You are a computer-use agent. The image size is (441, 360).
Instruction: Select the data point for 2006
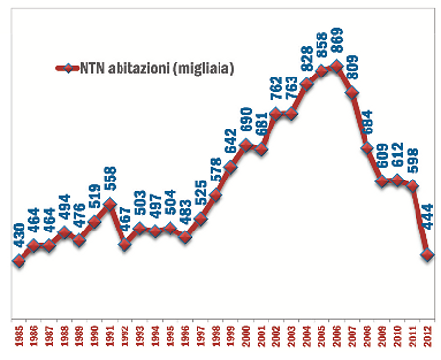click(336, 66)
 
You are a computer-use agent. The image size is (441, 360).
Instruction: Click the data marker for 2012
click(427, 255)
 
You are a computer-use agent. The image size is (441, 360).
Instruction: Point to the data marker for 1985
click(18, 260)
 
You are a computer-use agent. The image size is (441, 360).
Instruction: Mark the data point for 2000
click(245, 145)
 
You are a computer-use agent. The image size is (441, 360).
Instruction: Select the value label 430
click(18, 234)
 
